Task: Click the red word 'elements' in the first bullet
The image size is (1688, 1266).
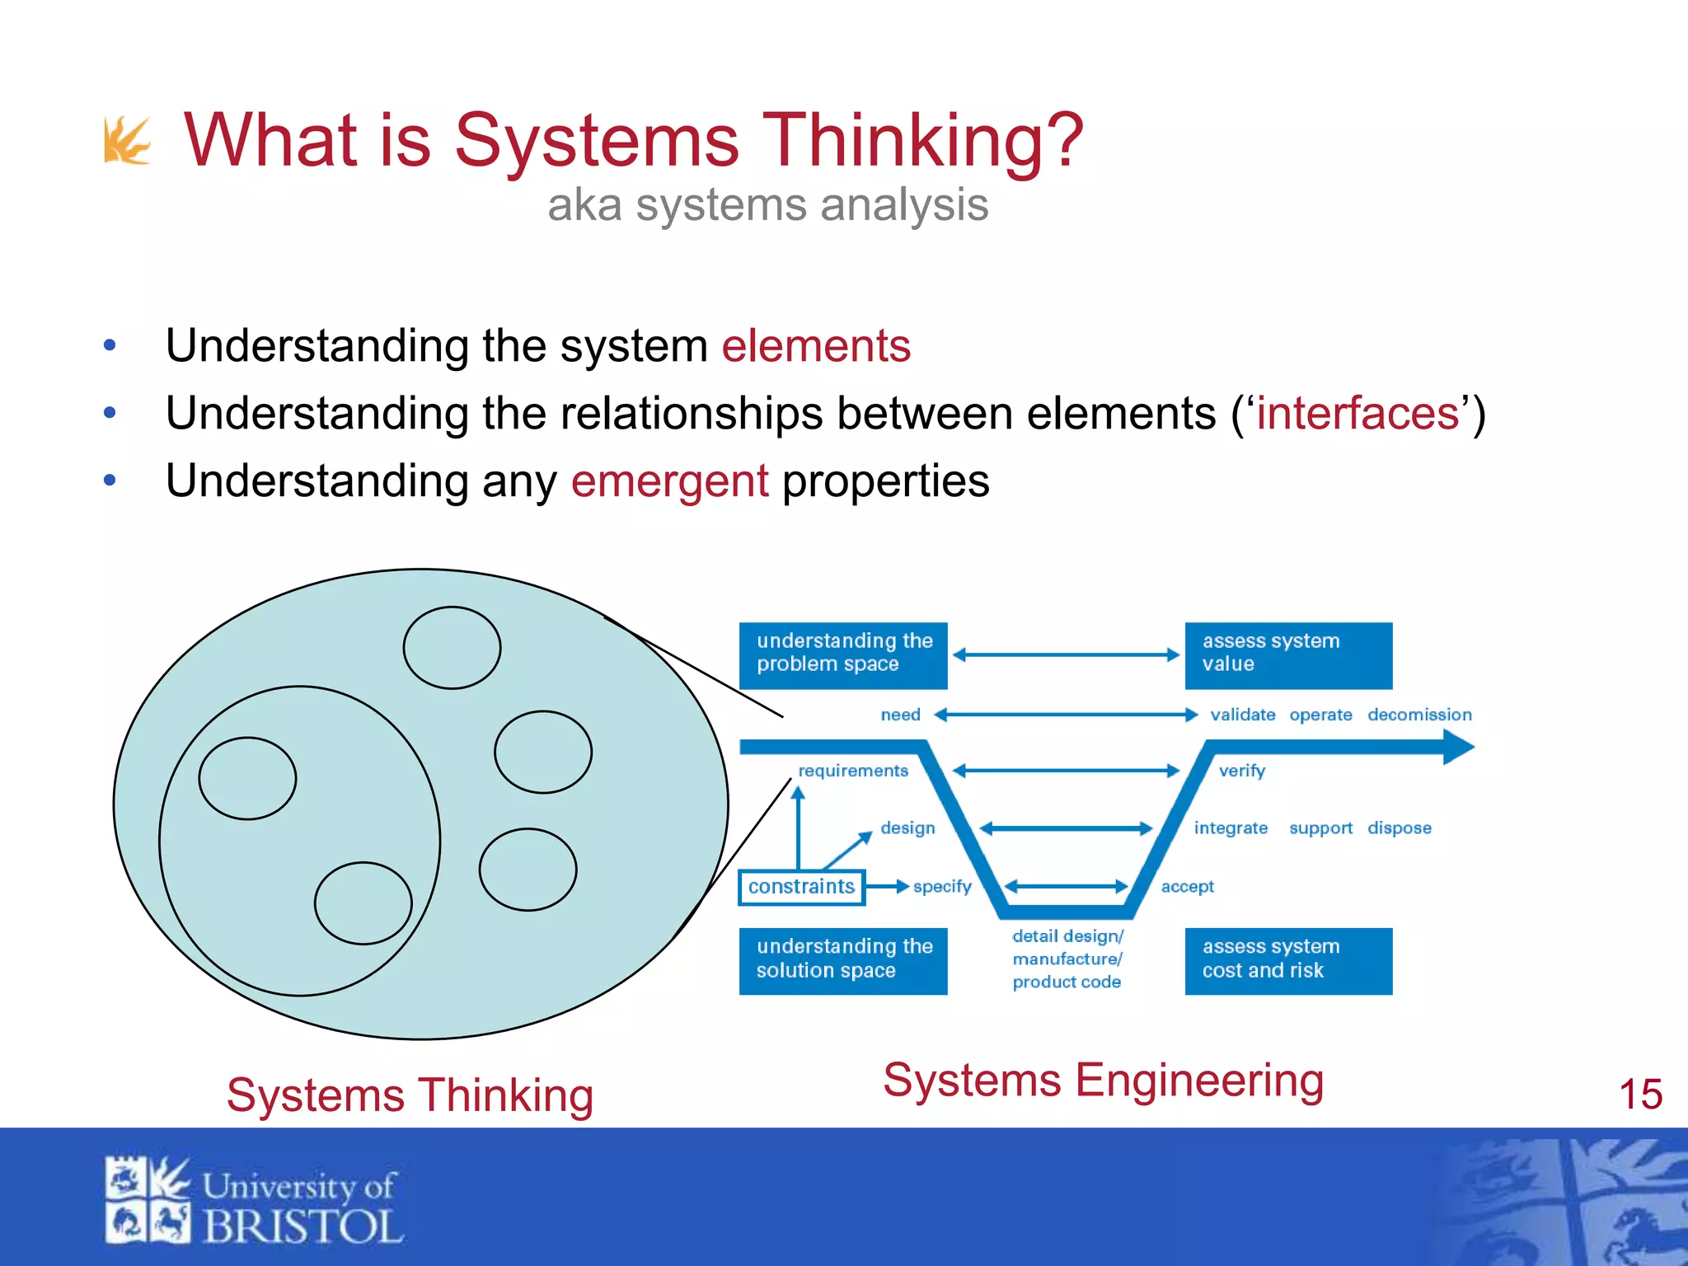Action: click(x=815, y=345)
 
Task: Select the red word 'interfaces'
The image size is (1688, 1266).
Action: click(x=1357, y=413)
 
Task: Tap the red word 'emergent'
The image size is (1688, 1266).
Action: click(x=669, y=481)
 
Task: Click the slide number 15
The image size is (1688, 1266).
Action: click(x=1639, y=1095)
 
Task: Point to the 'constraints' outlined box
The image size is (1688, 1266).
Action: click(x=801, y=887)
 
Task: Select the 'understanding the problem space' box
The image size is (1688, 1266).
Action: click(x=842, y=655)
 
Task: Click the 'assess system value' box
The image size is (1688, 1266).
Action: click(x=1287, y=655)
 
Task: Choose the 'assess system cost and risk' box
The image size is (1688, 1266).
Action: click(x=1287, y=960)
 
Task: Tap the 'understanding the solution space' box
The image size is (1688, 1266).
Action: click(x=842, y=960)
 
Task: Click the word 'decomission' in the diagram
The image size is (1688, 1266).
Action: click(x=1418, y=715)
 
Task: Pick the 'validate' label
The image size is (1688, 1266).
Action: click(x=1242, y=715)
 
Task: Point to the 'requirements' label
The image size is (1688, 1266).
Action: click(x=852, y=771)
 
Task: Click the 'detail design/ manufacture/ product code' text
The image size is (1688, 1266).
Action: click(x=1067, y=959)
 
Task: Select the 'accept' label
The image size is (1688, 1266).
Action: click(x=1187, y=887)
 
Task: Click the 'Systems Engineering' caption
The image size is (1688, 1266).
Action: click(x=1103, y=1080)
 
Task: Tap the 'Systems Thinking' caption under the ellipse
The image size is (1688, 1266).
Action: click(x=410, y=1095)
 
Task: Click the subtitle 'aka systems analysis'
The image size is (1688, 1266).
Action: click(x=767, y=204)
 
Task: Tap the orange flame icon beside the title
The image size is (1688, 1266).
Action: click(x=126, y=141)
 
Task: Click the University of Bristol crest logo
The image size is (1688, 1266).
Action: click(x=148, y=1199)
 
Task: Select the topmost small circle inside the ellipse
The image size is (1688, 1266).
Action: click(x=452, y=648)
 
